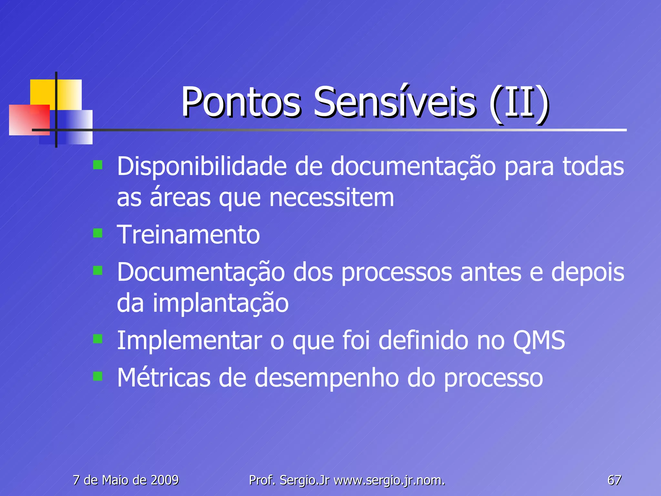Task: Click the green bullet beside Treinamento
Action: (x=97, y=233)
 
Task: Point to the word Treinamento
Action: (x=188, y=235)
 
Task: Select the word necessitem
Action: (x=331, y=198)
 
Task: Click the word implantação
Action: (x=220, y=303)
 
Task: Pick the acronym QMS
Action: (x=539, y=340)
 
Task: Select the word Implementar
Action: (x=189, y=341)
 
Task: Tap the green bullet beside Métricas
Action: (x=97, y=376)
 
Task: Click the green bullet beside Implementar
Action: (x=97, y=339)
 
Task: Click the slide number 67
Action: (x=614, y=480)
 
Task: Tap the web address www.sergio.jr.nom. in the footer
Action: (x=389, y=480)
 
